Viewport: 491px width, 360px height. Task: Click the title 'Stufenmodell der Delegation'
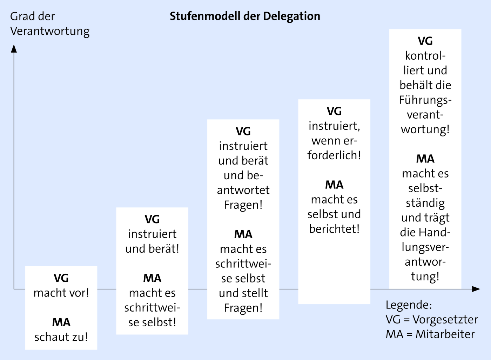click(245, 16)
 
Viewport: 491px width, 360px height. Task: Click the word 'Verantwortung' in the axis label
click(50, 31)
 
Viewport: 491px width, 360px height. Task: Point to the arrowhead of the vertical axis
click(14, 49)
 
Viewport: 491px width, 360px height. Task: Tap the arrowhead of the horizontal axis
click(476, 289)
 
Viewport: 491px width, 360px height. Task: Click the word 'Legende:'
click(409, 305)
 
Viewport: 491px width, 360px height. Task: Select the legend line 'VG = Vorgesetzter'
click(432, 319)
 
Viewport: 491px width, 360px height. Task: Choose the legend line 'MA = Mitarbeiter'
click(430, 334)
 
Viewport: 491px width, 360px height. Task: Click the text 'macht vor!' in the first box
click(61, 293)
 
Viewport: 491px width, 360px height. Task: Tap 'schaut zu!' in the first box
click(61, 337)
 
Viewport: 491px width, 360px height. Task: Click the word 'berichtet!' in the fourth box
click(334, 229)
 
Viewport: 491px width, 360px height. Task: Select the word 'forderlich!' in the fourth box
click(334, 155)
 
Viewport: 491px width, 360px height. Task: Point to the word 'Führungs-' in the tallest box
click(425, 100)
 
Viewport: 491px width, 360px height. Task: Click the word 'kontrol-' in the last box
click(425, 56)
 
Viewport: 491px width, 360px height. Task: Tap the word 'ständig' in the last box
click(425, 203)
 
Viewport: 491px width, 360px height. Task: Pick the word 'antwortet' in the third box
click(243, 190)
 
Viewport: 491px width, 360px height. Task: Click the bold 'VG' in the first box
click(61, 278)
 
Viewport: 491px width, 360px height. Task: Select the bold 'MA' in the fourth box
click(334, 185)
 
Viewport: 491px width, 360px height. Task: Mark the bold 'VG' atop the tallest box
click(425, 41)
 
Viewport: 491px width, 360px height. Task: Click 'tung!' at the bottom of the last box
click(425, 276)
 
